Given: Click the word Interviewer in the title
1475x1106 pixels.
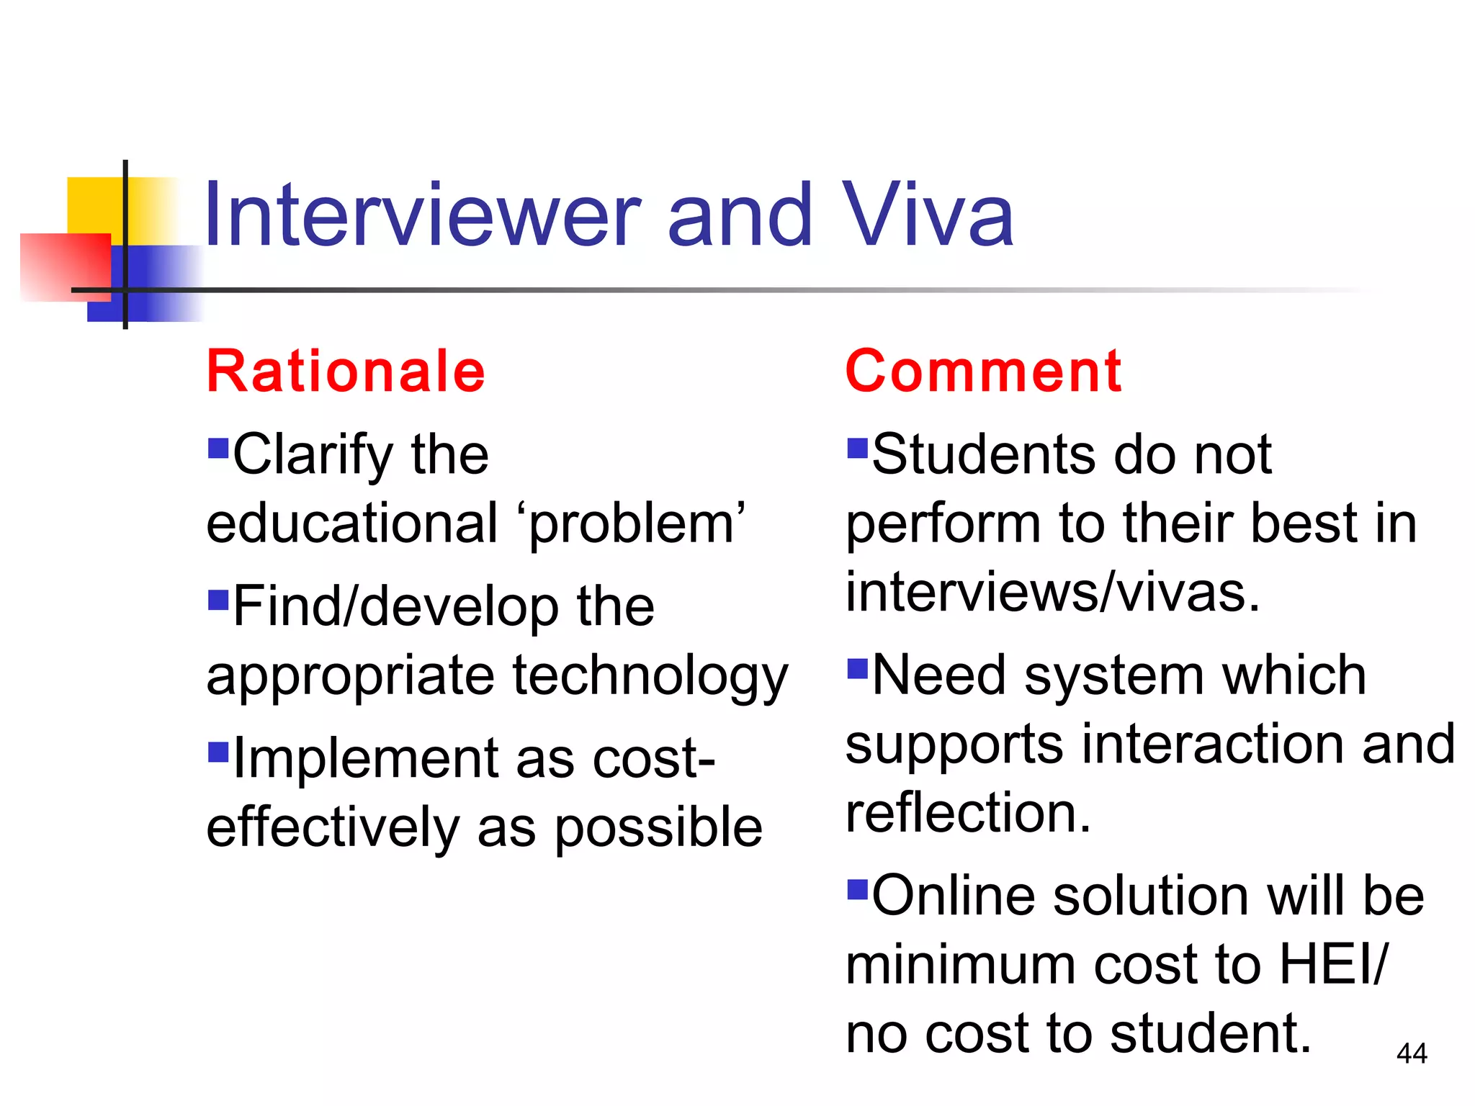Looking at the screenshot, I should click(421, 215).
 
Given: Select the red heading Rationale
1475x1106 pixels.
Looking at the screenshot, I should click(346, 372).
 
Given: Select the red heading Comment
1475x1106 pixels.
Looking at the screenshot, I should click(983, 372).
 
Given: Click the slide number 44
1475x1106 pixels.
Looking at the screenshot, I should click(1411, 1053).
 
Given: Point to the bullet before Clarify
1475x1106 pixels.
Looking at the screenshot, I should click(218, 448).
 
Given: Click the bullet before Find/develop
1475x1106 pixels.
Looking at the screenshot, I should click(218, 599).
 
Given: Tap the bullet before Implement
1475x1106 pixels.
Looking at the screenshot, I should click(218, 752).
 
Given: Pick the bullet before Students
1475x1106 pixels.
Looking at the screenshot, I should click(857, 448).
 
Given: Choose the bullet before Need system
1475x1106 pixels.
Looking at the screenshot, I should click(857, 669).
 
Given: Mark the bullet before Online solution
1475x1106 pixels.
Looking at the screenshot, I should click(857, 890).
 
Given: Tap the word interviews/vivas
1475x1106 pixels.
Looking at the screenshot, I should click(1053, 593).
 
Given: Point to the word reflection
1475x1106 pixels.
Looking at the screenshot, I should click(968, 813).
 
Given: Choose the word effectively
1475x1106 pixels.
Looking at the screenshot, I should click(332, 828).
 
